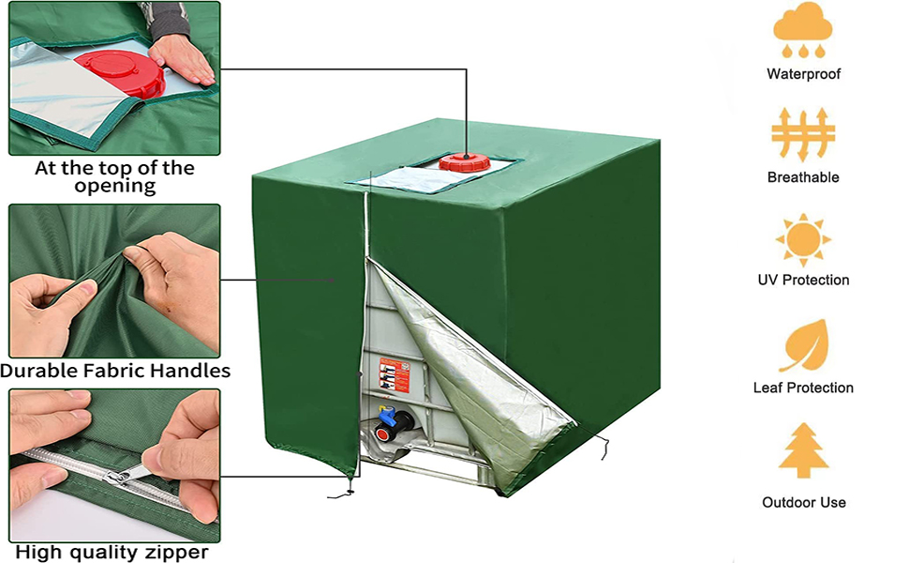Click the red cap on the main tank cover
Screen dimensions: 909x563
[x=464, y=162]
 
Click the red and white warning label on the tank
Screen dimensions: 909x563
[x=395, y=374]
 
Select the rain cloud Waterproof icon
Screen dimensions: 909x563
[x=803, y=30]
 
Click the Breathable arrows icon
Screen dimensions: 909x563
[x=803, y=134]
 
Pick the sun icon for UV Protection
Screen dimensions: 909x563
[x=803, y=238]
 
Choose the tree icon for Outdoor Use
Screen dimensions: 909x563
[x=803, y=450]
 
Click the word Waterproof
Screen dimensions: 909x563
[x=803, y=74]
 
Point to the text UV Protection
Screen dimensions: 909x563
[x=803, y=280]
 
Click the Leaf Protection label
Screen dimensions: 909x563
[x=803, y=388]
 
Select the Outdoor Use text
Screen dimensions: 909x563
[x=803, y=502]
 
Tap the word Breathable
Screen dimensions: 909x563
[x=803, y=177]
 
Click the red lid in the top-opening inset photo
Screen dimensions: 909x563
[x=121, y=72]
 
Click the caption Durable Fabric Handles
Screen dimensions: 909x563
[x=115, y=371]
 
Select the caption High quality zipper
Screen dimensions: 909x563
[x=112, y=552]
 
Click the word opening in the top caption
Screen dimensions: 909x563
[x=114, y=187]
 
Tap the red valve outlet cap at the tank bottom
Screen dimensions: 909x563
[x=382, y=434]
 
